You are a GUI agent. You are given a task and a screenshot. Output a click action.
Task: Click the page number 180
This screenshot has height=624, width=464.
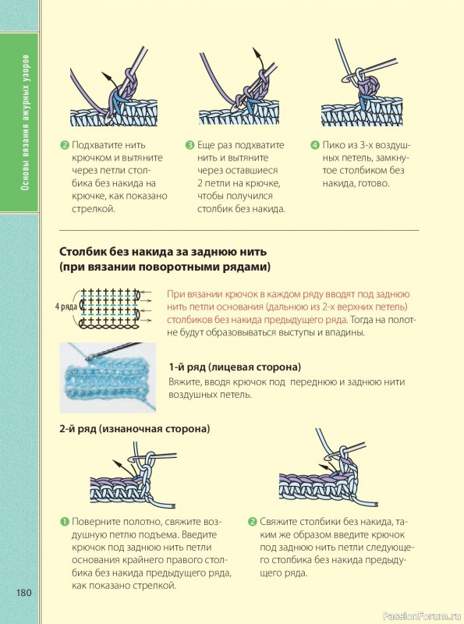click(x=24, y=593)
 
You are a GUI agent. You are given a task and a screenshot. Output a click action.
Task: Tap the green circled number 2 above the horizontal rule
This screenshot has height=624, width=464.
click(x=65, y=145)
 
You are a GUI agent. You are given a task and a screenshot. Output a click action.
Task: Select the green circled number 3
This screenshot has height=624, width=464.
click(x=190, y=145)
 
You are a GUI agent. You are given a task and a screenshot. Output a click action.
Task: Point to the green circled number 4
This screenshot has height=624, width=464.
click(x=315, y=145)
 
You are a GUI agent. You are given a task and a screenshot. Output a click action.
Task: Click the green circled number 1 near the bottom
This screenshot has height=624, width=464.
click(x=65, y=522)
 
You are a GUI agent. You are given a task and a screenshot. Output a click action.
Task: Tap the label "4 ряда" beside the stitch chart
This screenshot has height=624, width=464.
click(x=66, y=307)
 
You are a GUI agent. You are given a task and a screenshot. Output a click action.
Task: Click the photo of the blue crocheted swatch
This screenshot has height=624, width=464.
click(x=108, y=378)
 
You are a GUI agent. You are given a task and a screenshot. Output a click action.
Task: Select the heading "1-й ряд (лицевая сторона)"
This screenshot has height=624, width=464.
click(x=235, y=367)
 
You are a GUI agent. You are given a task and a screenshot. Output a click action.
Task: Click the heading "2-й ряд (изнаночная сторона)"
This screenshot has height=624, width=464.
click(x=134, y=428)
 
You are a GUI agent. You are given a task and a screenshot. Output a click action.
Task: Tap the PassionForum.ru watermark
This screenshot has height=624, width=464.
click(x=422, y=616)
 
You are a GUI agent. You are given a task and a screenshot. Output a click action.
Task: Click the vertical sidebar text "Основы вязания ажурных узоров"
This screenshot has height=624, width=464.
click(x=26, y=122)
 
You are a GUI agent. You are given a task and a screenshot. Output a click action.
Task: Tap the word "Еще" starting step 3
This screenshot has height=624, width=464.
click(x=205, y=145)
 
